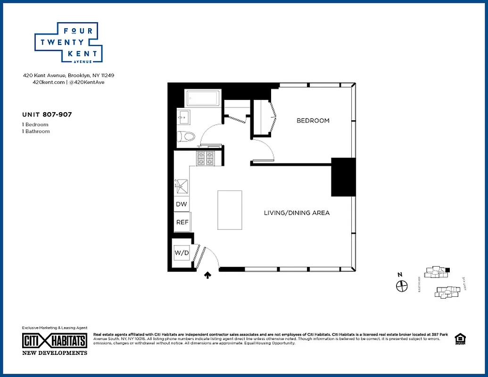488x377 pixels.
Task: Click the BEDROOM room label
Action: (x=313, y=121)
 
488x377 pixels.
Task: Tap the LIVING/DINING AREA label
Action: (x=297, y=213)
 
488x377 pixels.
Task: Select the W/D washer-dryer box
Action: (x=182, y=253)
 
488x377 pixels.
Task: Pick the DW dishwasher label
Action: (x=182, y=205)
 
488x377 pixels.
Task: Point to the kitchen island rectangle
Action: (x=230, y=210)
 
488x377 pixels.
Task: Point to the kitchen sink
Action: (x=182, y=187)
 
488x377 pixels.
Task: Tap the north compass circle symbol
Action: (x=401, y=286)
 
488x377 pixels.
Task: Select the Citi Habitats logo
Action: (x=55, y=340)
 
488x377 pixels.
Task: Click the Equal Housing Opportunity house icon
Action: (x=459, y=339)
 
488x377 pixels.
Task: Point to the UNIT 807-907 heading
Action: (x=47, y=114)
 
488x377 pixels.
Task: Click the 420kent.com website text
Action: (x=48, y=82)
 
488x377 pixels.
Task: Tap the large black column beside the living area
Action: (x=343, y=177)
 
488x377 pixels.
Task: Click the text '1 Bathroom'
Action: (x=36, y=131)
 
